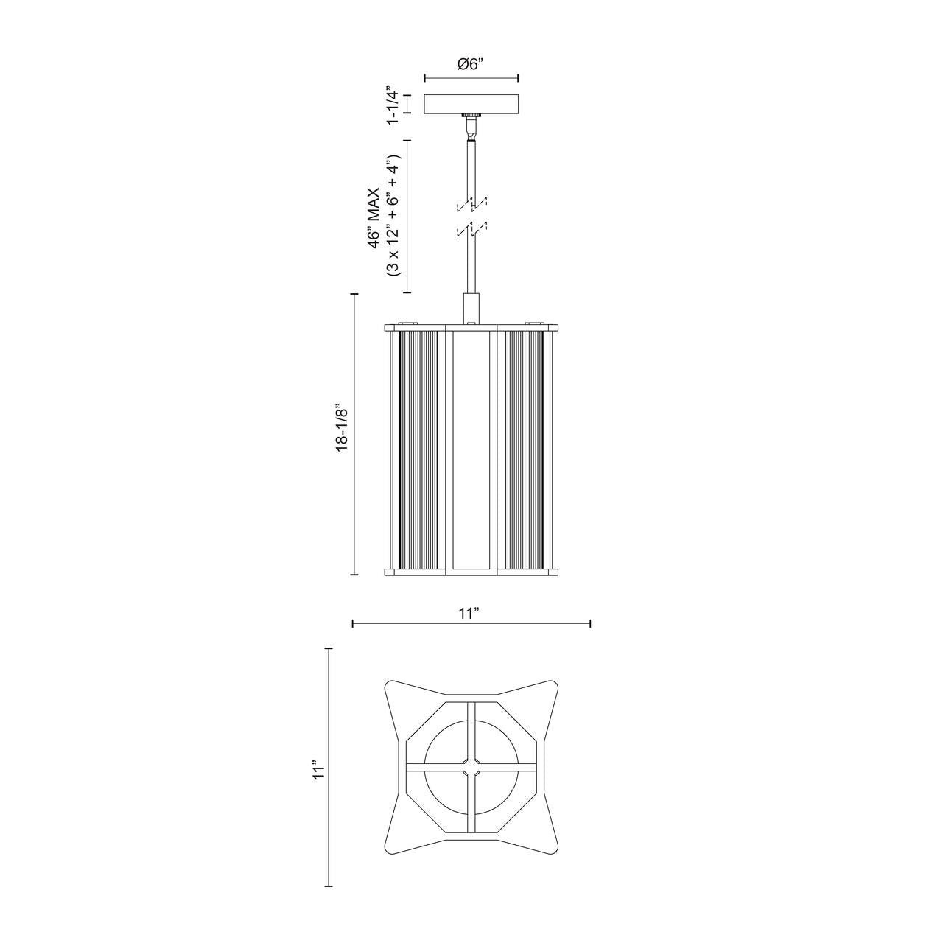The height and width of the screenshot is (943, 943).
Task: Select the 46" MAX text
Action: point(376,217)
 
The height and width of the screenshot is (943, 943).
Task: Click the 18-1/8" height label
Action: point(340,427)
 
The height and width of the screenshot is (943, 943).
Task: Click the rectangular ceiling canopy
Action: point(471,105)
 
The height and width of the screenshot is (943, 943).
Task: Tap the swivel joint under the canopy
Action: point(470,131)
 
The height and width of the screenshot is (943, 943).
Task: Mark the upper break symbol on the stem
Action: point(471,203)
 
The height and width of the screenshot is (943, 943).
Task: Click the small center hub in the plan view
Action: point(471,766)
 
